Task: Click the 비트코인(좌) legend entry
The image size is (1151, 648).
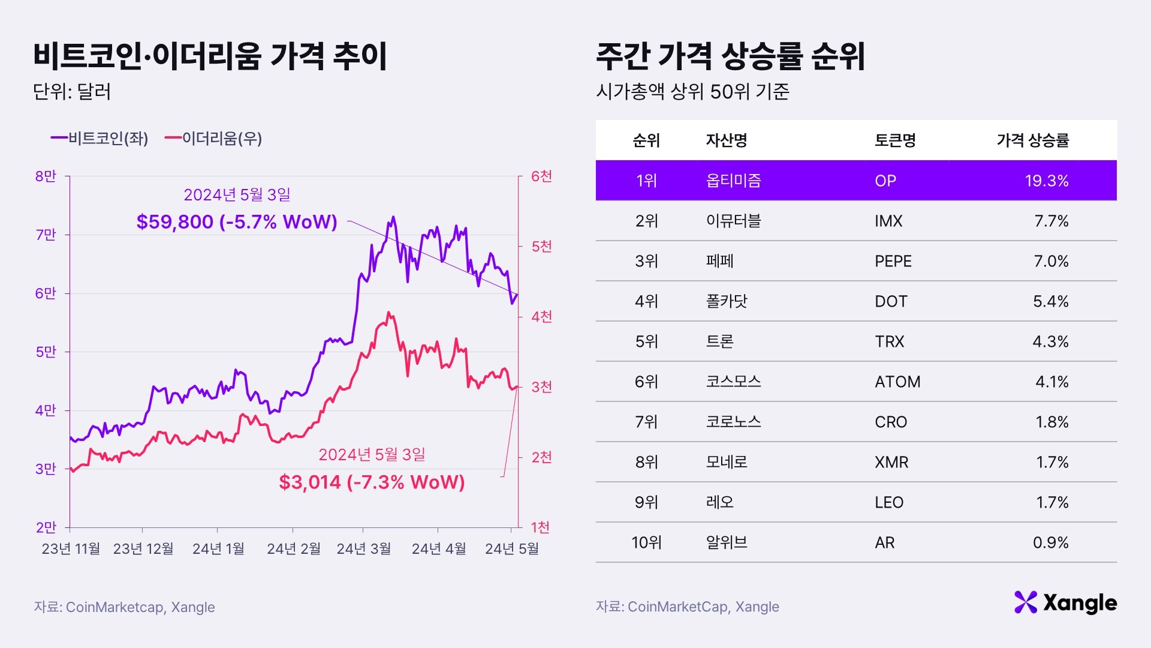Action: pos(100,139)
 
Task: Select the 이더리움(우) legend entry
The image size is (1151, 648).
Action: pos(214,139)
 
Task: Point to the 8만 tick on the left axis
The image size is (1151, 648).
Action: pos(46,176)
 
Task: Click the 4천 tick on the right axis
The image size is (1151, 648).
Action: pos(541,317)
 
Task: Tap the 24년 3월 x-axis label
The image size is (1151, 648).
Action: pos(363,549)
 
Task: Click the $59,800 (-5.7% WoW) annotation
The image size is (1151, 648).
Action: pos(237,222)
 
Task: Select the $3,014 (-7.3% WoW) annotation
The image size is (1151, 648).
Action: pos(372,482)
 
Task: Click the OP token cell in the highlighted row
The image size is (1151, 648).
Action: pos(885,181)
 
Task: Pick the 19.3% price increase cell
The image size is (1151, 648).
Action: pos(1046,181)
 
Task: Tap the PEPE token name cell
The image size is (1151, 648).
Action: pos(893,261)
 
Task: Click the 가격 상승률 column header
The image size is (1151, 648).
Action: pos(1032,140)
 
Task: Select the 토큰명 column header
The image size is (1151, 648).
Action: pos(895,140)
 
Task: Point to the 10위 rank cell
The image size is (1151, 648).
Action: pos(646,542)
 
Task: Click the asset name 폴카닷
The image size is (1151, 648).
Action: pos(727,301)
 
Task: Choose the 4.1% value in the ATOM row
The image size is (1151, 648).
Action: pos(1051,382)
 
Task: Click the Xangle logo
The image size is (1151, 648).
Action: pos(1065,602)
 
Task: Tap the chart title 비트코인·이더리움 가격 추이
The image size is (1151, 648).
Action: pos(210,56)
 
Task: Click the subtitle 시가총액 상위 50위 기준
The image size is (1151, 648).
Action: pos(692,92)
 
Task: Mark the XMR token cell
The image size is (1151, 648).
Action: pos(891,462)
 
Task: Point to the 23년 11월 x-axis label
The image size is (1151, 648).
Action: pos(71,549)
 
